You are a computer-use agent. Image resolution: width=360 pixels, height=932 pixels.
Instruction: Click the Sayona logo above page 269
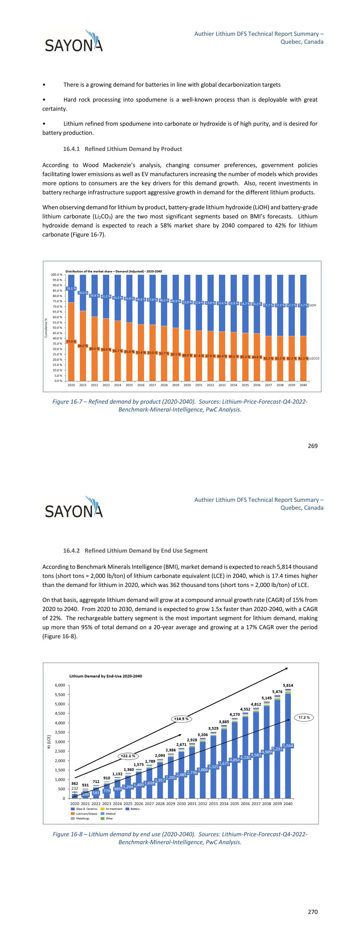(x=74, y=41)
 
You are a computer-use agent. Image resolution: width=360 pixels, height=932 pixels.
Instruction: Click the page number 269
(x=313, y=446)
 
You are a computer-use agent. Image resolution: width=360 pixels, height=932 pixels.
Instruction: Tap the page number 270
(x=313, y=912)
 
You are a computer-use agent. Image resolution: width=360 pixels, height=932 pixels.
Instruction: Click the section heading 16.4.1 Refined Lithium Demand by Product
(x=122, y=149)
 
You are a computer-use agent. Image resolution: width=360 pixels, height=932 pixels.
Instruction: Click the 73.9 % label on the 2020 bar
(x=71, y=341)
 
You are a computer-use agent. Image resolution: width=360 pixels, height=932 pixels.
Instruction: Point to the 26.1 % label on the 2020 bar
(x=71, y=288)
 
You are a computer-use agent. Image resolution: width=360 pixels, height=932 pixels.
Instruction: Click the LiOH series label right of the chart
(x=313, y=305)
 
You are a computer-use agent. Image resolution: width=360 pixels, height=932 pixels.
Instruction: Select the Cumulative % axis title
(x=46, y=328)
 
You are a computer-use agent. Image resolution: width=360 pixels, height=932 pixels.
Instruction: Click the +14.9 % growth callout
(x=181, y=719)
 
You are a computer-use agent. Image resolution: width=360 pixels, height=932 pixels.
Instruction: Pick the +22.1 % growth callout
(x=128, y=756)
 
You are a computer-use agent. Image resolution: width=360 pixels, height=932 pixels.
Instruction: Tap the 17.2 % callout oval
(x=304, y=717)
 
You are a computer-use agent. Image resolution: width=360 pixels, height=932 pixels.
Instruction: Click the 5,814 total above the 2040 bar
(x=288, y=685)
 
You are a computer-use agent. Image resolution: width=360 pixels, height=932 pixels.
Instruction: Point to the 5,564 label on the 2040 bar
(x=288, y=746)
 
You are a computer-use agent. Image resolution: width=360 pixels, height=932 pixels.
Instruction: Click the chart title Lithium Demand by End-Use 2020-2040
(x=106, y=676)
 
